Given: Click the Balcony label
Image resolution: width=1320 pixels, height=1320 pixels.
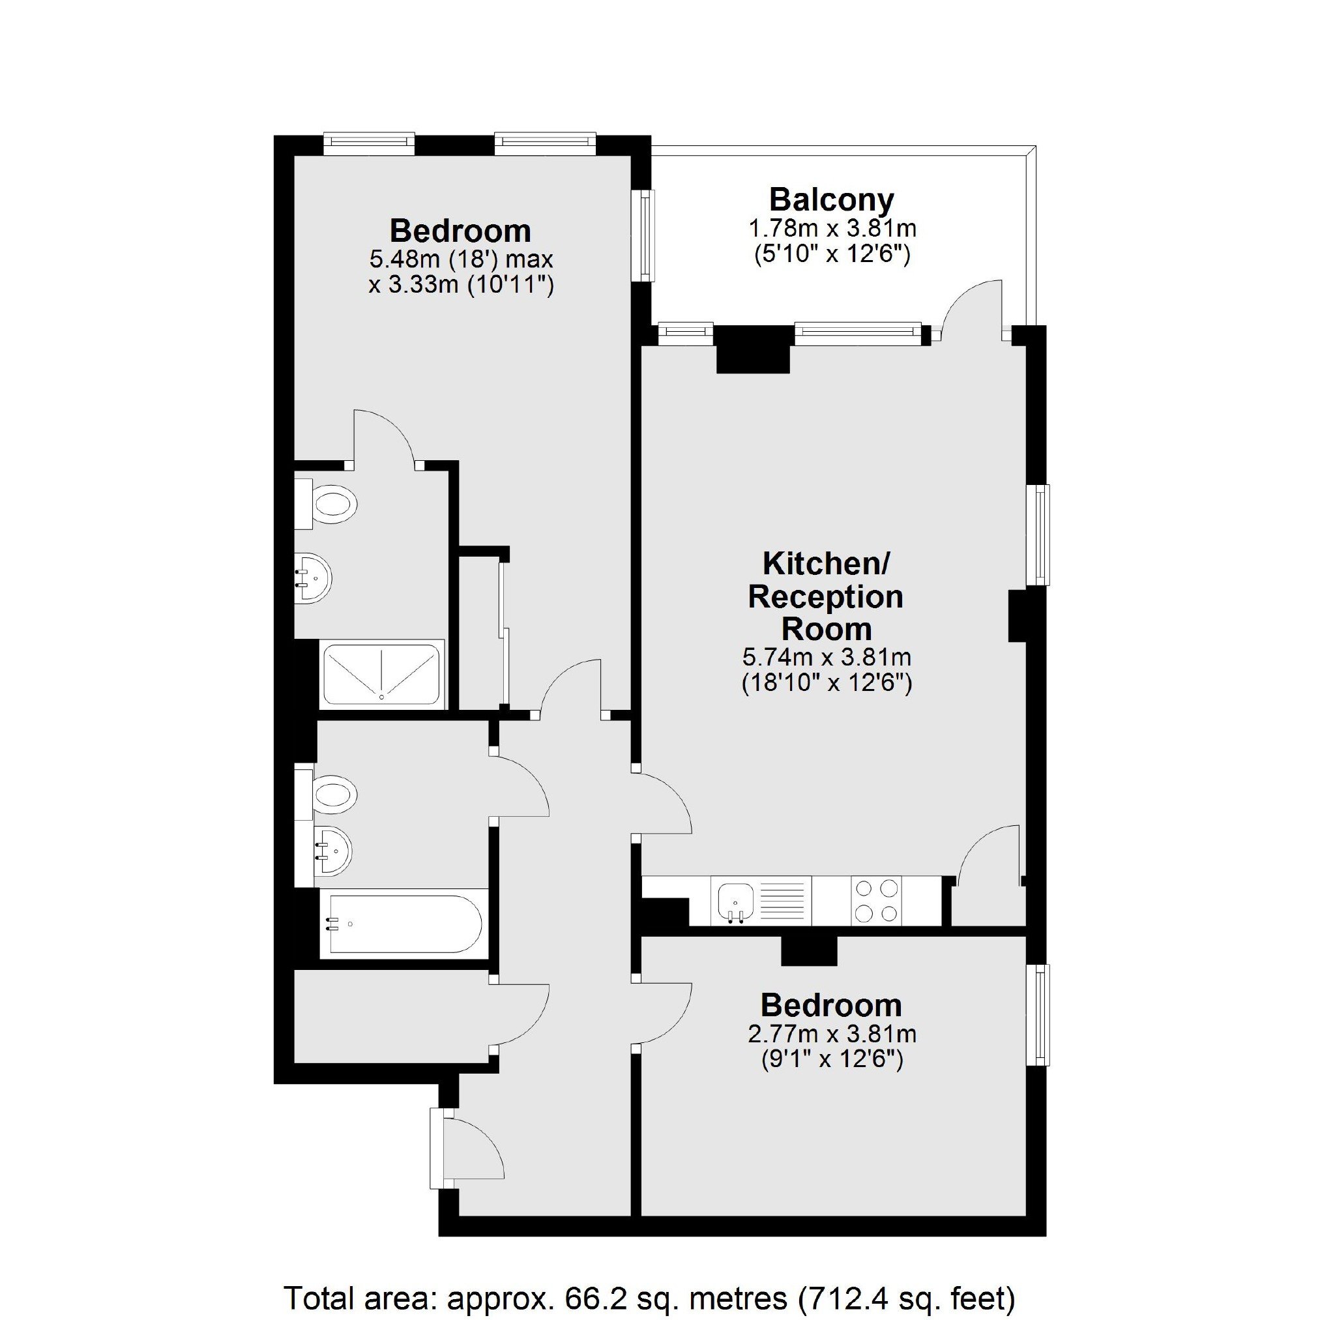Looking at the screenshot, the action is (832, 200).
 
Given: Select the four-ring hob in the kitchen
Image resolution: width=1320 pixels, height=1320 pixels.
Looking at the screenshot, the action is (877, 901).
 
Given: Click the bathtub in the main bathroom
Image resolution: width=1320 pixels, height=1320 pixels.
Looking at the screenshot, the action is (403, 924).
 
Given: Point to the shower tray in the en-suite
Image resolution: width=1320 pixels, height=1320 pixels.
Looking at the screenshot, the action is (382, 673).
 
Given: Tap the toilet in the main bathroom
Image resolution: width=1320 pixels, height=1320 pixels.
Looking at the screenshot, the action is (326, 794).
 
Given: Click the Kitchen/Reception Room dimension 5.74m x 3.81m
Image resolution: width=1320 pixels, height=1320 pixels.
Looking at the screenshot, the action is (827, 658).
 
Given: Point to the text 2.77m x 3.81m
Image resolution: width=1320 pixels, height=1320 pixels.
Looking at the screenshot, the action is (832, 1034).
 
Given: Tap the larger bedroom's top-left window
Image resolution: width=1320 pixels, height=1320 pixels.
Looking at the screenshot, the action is (369, 142).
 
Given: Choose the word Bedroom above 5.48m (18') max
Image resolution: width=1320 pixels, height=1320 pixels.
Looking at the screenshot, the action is (460, 231).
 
